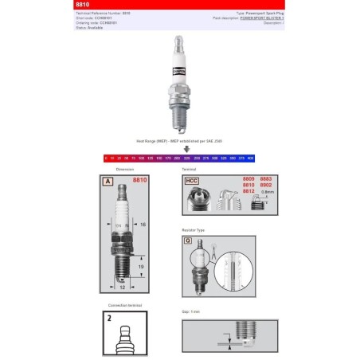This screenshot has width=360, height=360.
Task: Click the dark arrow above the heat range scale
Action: (186, 148)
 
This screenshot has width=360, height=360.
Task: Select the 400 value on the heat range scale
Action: (251, 158)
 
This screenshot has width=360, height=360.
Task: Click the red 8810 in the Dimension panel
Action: (139, 181)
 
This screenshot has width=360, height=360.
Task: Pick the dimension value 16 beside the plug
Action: (144, 225)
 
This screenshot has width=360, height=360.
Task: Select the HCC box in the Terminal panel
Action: (191, 182)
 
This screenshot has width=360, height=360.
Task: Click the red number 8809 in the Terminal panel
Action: (247, 179)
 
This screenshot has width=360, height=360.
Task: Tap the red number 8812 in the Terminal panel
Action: (247, 192)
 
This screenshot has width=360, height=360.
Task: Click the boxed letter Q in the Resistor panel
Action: (188, 239)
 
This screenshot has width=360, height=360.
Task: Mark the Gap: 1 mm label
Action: (190, 312)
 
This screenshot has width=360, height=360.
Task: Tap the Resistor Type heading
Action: (194, 229)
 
